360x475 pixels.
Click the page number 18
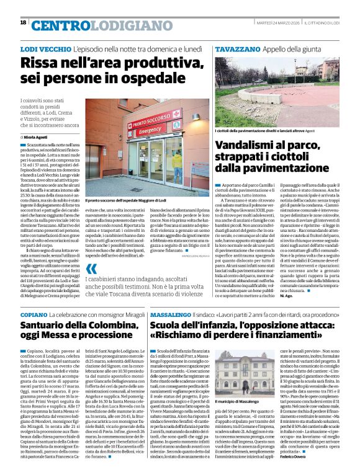pyautogui.click(x=23, y=22)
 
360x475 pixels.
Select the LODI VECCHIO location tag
pyautogui.click(x=45, y=48)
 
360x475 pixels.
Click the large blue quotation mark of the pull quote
pyautogui.click(x=92, y=270)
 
